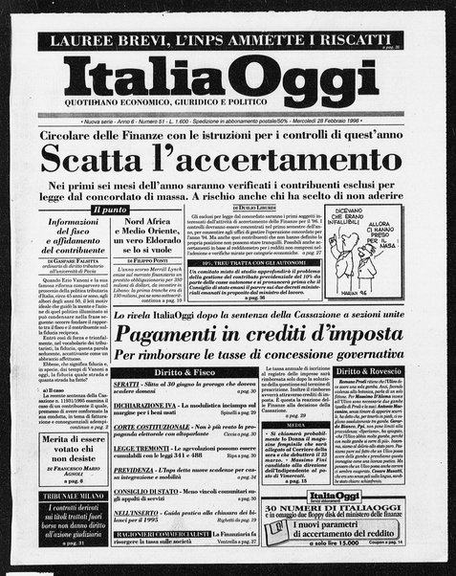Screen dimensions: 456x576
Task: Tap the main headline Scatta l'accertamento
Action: click(227, 154)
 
